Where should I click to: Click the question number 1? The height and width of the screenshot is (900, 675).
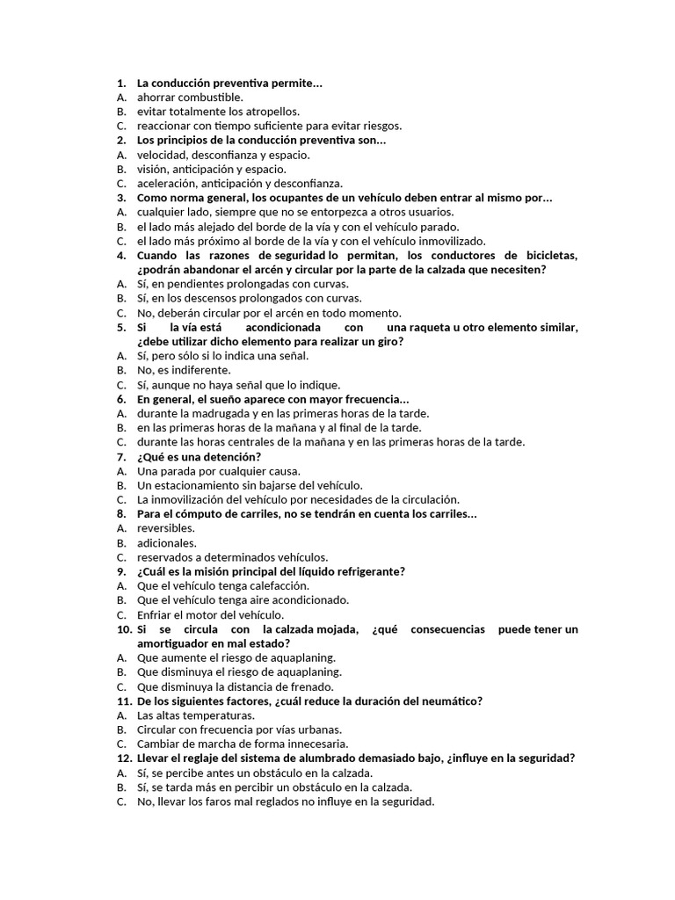120,83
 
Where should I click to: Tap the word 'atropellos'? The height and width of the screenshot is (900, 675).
271,112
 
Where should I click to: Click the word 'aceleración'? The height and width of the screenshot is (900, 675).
166,184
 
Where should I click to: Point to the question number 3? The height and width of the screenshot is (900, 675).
120,198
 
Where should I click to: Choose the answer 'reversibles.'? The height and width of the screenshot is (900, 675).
166,528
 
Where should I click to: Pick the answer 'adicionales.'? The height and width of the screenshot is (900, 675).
167,543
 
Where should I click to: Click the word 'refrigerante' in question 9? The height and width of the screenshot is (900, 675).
362,571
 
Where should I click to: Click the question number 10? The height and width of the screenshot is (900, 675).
124,629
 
